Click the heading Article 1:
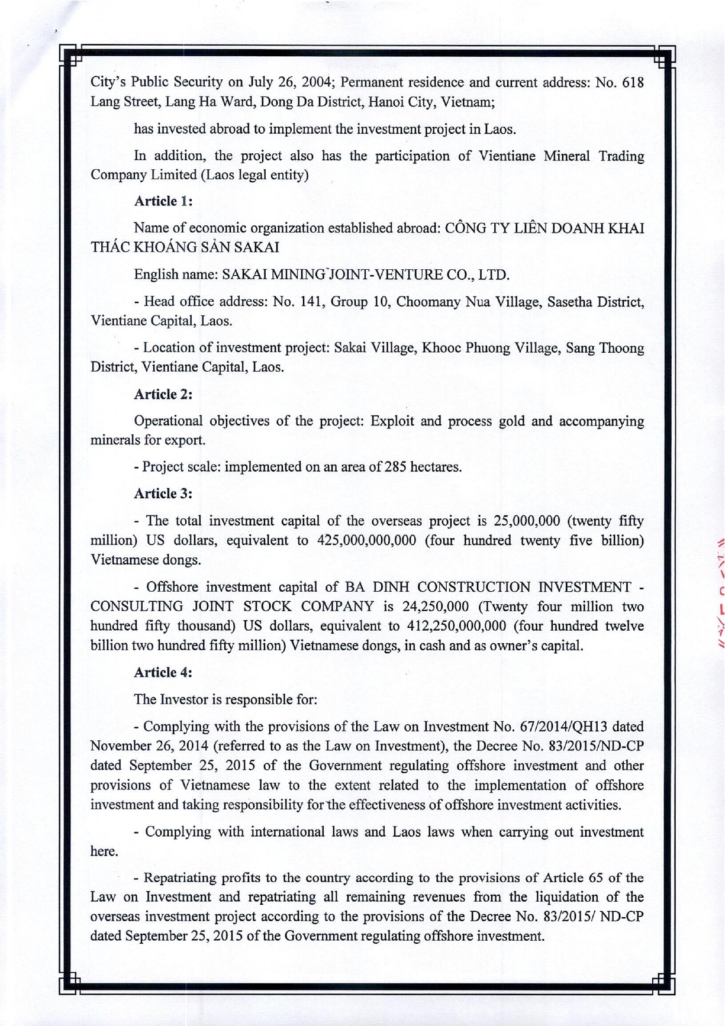click(x=163, y=201)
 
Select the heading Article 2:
click(x=163, y=394)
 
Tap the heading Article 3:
click(x=163, y=493)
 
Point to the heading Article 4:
click(x=163, y=672)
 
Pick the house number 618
click(x=633, y=82)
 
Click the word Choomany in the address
click(x=428, y=302)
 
